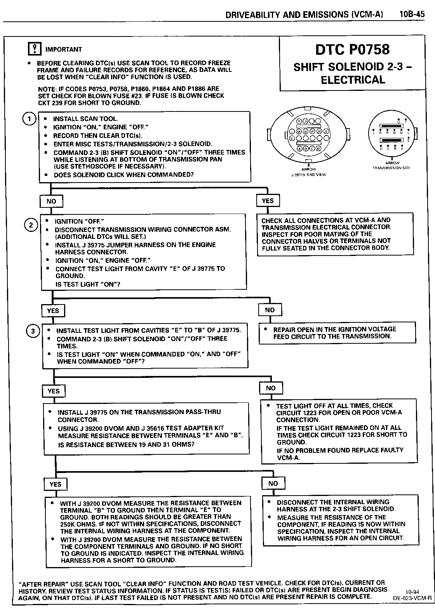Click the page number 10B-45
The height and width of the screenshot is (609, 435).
(412, 14)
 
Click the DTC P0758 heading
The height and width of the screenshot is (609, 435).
(352, 49)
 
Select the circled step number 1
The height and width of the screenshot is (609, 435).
(29, 119)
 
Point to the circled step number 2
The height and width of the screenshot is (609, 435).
(31, 225)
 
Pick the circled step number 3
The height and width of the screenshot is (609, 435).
(33, 331)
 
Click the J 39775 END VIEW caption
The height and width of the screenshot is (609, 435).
(309, 175)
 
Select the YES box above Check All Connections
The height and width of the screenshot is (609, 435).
(268, 201)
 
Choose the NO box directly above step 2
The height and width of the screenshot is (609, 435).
(51, 201)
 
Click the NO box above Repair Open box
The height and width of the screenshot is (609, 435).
(270, 310)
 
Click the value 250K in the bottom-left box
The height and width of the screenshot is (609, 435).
(68, 524)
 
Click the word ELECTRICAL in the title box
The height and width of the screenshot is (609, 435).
(353, 80)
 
